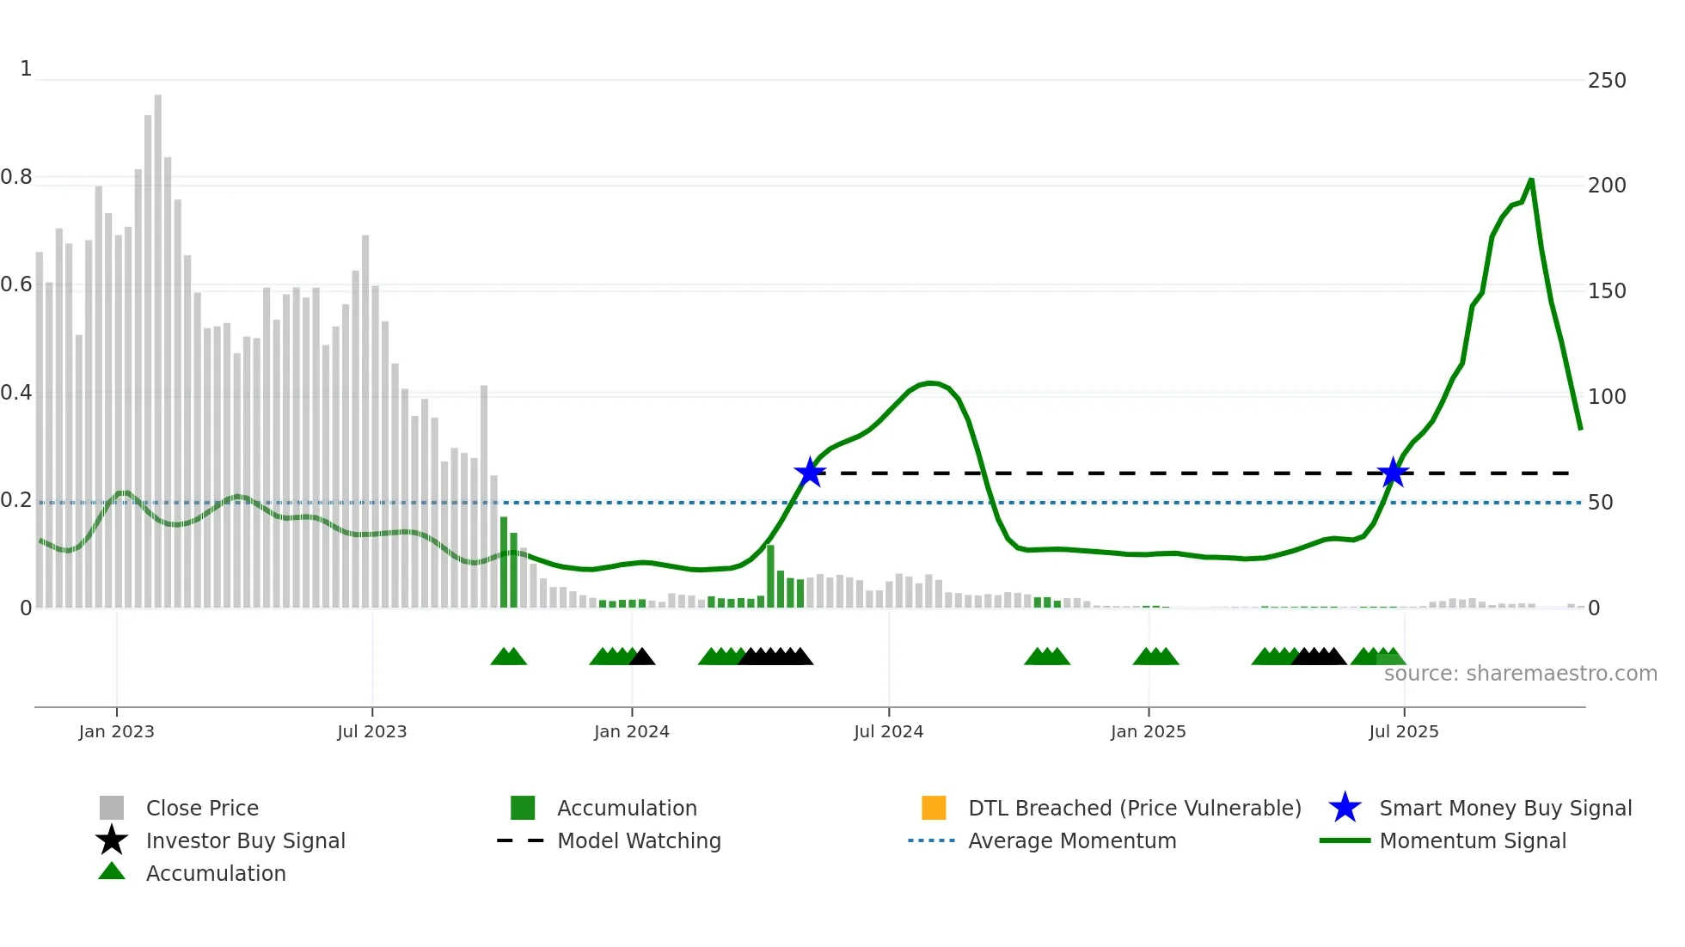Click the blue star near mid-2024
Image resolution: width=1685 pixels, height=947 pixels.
pyautogui.click(x=810, y=473)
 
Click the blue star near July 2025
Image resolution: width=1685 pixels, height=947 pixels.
pyautogui.click(x=1393, y=473)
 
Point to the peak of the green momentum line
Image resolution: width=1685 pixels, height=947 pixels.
pyautogui.click(x=1531, y=180)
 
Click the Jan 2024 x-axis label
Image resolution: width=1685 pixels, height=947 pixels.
pyautogui.click(x=631, y=732)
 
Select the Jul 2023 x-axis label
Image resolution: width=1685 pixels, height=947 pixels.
pyautogui.click(x=371, y=732)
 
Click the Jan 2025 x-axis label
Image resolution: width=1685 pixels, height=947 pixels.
pyautogui.click(x=1148, y=732)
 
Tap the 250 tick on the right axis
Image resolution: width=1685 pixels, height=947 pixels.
pyautogui.click(x=1606, y=81)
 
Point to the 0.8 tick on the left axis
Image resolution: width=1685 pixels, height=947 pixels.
pyautogui.click(x=16, y=178)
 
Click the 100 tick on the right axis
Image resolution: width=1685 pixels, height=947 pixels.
pyautogui.click(x=1606, y=397)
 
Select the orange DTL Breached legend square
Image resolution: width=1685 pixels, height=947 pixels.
pyautogui.click(x=934, y=808)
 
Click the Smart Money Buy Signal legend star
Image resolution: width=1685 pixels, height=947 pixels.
pyautogui.click(x=1345, y=808)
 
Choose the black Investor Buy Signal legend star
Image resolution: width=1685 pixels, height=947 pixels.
pyautogui.click(x=112, y=840)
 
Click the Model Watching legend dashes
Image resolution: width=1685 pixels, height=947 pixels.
pyautogui.click(x=520, y=840)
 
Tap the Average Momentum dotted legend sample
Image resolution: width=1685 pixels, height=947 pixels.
pyautogui.click(x=931, y=840)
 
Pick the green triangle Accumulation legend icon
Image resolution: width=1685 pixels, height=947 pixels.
pyautogui.click(x=112, y=872)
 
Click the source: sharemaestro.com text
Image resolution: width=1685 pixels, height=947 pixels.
pyautogui.click(x=1520, y=674)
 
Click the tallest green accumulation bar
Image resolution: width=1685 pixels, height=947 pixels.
pyautogui.click(x=504, y=562)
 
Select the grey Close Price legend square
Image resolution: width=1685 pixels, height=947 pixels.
pyautogui.click(x=112, y=808)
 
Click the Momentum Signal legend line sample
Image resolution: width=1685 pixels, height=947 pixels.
pyautogui.click(x=1345, y=840)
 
